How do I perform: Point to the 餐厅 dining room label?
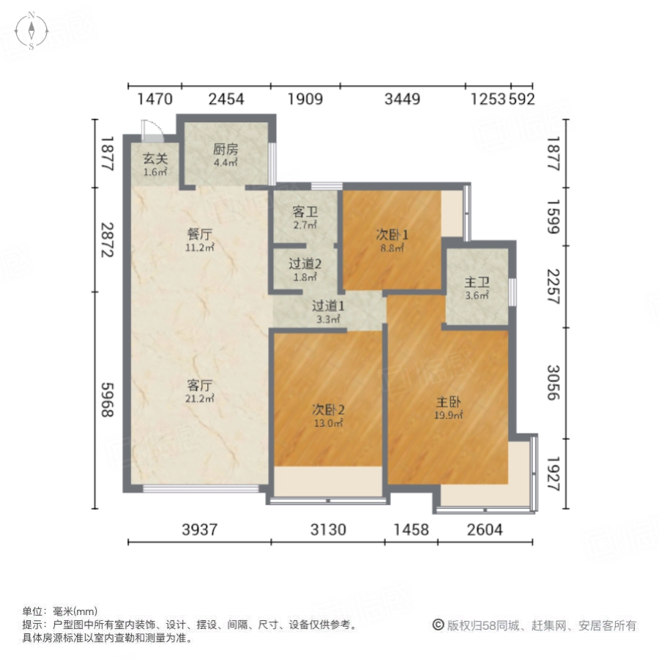click(199, 235)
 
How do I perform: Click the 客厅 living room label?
click(199, 385)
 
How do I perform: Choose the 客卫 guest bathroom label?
click(305, 212)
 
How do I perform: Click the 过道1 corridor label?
click(327, 307)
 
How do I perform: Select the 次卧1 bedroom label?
click(392, 235)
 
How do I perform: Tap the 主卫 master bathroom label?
click(476, 282)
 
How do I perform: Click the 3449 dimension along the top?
click(403, 99)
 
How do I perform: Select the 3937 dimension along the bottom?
click(200, 530)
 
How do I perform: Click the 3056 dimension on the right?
click(554, 380)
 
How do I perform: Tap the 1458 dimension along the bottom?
click(411, 530)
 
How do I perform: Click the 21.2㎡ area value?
click(199, 398)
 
